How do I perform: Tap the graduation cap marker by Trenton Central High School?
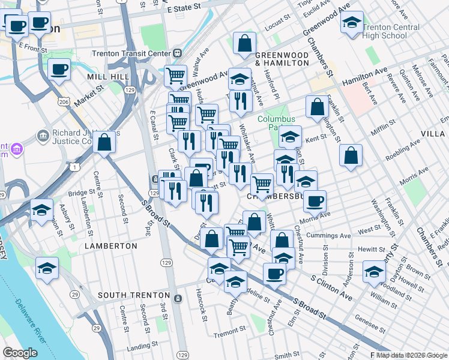pyautogui.click(x=352, y=23)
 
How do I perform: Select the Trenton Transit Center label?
pyautogui.click(x=132, y=53)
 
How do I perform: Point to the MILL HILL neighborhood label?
pyautogui.click(x=108, y=77)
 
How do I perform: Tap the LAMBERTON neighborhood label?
pyautogui.click(x=111, y=246)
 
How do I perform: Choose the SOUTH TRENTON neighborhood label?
pyautogui.click(x=134, y=295)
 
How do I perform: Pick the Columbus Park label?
pyautogui.click(x=277, y=123)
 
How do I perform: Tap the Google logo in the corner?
pyautogui.click(x=20, y=353)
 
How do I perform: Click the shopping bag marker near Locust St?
pyautogui.click(x=245, y=43)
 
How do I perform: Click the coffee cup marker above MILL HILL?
pyautogui.click(x=59, y=70)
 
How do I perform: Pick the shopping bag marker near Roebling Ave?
pyautogui.click(x=351, y=155)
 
